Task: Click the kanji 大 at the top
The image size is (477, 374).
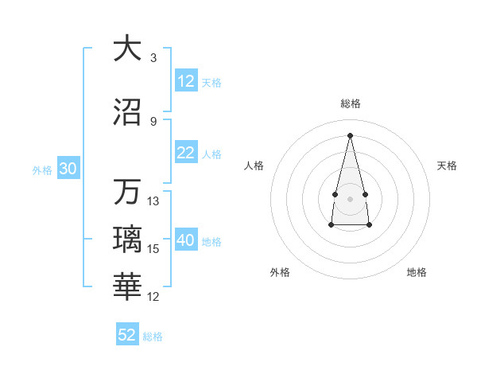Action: [x=127, y=49]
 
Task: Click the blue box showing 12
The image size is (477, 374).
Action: [x=186, y=81]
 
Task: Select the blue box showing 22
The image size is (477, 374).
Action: [x=186, y=153]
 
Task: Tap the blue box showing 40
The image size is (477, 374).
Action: [x=186, y=241]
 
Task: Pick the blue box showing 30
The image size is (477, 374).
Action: [x=68, y=169]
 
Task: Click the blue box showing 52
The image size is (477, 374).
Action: [x=127, y=335]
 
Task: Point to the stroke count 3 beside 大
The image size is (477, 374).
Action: [x=153, y=58]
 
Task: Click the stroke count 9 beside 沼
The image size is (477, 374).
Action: [x=153, y=122]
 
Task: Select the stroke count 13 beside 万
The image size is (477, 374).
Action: [x=153, y=201]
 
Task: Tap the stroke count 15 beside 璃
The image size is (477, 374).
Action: [x=153, y=249]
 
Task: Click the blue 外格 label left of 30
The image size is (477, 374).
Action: [x=42, y=169]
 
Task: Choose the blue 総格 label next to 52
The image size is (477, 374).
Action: [x=153, y=336]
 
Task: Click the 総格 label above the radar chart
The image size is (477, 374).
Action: [x=350, y=103]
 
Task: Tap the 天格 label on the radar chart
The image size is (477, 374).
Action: [x=448, y=166]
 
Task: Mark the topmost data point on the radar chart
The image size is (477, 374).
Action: [x=350, y=134]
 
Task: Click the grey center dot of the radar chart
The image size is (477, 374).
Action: [x=350, y=197]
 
